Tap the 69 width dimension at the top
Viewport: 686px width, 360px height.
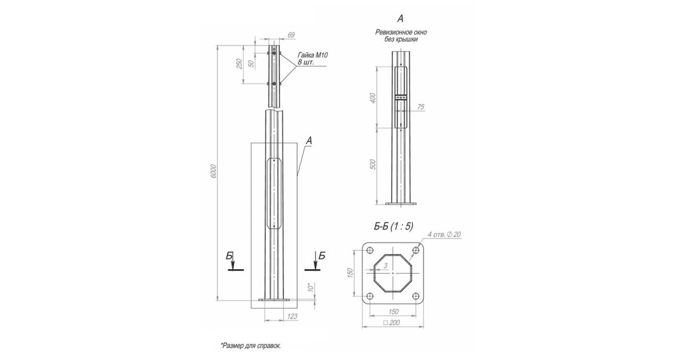tap(291, 35)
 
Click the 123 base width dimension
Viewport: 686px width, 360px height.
tap(292, 315)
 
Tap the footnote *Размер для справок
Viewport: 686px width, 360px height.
tap(250, 346)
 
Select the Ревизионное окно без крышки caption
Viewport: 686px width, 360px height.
tap(401, 36)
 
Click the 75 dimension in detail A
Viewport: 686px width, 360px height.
tap(421, 107)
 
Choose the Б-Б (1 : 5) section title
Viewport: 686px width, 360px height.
tap(393, 227)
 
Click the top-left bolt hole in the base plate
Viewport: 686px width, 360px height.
tap(370, 251)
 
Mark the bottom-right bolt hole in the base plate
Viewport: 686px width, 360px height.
tap(416, 296)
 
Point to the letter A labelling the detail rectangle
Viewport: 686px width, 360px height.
tap(309, 139)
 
